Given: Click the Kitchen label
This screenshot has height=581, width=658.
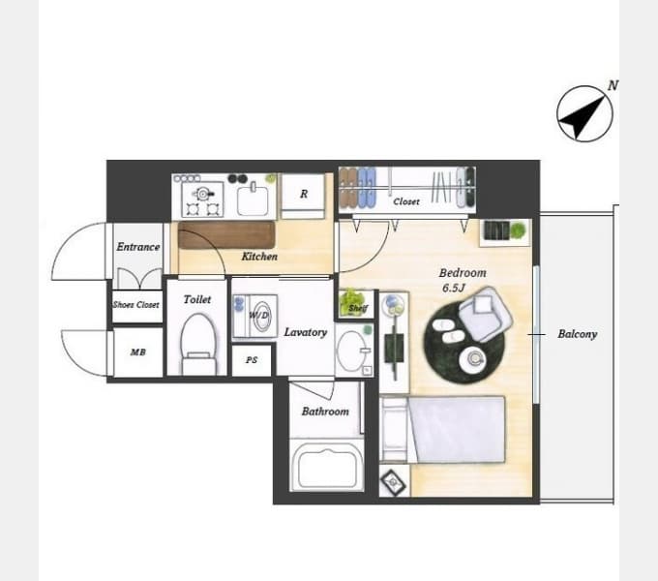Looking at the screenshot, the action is (259, 256).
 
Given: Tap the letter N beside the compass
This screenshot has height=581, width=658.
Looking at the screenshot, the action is (613, 85).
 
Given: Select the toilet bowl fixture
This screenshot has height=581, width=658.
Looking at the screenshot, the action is (198, 344).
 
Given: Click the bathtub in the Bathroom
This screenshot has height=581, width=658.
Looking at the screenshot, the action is (327, 466).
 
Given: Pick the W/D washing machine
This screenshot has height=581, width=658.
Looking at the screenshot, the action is (255, 316).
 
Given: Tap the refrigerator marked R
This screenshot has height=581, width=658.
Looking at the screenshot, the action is (303, 196).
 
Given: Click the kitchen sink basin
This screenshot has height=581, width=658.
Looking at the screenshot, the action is (253, 200).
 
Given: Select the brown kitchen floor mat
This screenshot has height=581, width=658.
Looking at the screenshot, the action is (226, 235).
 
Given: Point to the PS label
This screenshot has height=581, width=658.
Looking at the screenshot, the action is (252, 360).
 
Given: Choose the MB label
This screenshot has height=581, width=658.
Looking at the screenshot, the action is (137, 352).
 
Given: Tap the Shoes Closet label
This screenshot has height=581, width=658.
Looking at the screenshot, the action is (136, 305).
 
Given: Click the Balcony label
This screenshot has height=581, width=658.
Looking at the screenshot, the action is (577, 334).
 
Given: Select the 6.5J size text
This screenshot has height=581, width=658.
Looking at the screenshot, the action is (454, 288).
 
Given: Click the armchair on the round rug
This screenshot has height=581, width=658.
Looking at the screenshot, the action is (485, 314).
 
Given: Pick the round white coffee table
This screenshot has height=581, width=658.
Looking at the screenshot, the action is (474, 359).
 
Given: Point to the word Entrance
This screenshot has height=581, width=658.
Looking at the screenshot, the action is (138, 246).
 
